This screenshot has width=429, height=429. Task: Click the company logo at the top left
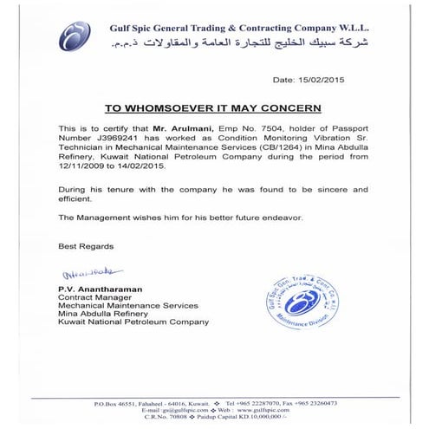point(75,36)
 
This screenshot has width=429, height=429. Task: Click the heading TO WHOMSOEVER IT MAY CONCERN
point(212,108)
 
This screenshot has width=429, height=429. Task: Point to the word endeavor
point(278,217)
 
